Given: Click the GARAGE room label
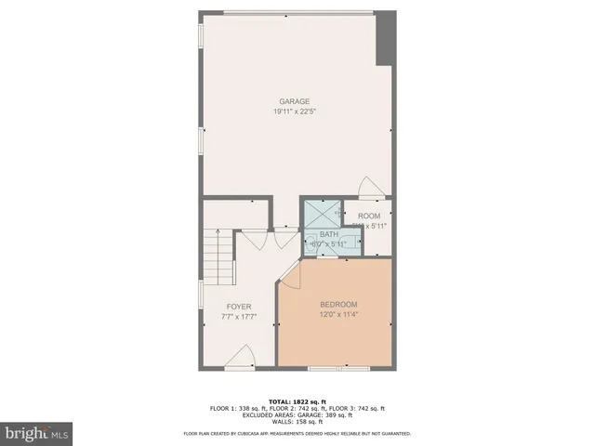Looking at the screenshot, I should [x=295, y=101].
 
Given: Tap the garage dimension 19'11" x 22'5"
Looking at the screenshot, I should [x=295, y=111].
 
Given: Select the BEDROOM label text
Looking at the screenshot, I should [x=338, y=305].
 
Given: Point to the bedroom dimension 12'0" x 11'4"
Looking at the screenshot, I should [x=338, y=315].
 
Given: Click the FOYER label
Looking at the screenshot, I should [x=239, y=306].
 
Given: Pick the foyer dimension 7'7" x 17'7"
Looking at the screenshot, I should [x=239, y=316].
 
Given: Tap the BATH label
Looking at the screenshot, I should [x=329, y=234].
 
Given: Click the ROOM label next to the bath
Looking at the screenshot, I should [x=369, y=216].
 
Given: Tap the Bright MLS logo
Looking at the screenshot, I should [x=36, y=432].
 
